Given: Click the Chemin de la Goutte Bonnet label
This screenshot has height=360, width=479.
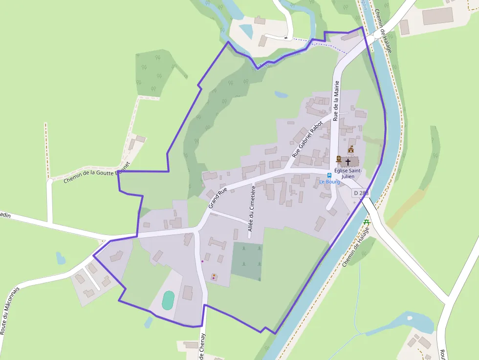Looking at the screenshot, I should click(x=97, y=172).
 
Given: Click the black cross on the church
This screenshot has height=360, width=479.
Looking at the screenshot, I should click(x=348, y=161).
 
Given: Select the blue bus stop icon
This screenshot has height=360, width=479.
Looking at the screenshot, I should click(x=329, y=175).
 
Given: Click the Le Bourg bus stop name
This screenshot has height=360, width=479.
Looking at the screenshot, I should click(x=329, y=182).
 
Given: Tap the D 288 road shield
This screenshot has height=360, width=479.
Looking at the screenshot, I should click(x=361, y=193).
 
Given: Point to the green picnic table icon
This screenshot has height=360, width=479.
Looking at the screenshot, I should click(x=367, y=223).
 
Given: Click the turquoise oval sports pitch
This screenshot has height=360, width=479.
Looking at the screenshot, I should click(x=168, y=300).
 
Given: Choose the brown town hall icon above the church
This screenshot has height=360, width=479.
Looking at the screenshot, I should click(x=350, y=149).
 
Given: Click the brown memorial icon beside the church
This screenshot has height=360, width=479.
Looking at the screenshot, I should click(x=338, y=159).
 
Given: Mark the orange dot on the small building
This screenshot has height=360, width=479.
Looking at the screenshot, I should click(x=214, y=276).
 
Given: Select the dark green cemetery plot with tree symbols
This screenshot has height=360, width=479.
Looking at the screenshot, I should click(x=247, y=261).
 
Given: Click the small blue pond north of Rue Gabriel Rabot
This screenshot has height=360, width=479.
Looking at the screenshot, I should click(x=281, y=94).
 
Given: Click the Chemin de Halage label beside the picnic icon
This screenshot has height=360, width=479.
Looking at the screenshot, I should click(x=355, y=249).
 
